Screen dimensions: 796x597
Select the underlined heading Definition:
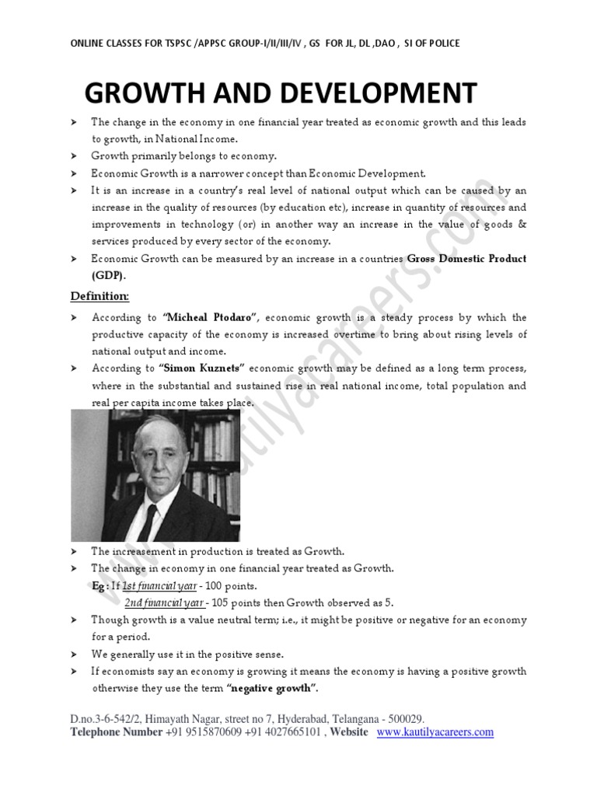coord(100,296)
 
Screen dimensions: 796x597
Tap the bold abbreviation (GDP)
coord(108,275)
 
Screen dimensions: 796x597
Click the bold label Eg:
coord(100,585)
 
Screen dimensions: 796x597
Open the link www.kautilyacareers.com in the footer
coord(435,732)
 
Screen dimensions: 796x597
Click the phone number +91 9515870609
coord(203,732)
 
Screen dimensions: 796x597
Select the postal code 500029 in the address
coord(403,720)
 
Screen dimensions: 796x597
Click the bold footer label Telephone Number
coord(117,732)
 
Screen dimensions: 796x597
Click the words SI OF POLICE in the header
coord(432,43)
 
